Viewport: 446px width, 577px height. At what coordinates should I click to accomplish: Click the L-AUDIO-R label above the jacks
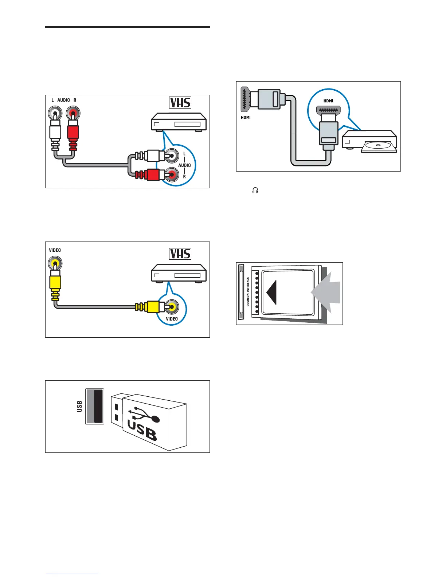click(x=64, y=100)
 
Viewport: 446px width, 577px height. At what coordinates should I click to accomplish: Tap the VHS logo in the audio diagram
click(x=180, y=103)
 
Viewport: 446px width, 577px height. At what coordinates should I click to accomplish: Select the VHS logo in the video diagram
click(x=180, y=254)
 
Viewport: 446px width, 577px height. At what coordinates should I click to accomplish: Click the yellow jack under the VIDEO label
click(x=55, y=263)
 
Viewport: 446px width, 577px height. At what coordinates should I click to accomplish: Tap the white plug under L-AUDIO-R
click(x=55, y=133)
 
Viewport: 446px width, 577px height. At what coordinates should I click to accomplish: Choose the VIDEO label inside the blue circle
click(x=172, y=319)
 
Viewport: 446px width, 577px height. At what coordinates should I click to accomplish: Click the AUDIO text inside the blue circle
click(x=184, y=165)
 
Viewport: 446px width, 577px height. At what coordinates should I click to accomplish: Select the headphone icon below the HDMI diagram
click(x=255, y=191)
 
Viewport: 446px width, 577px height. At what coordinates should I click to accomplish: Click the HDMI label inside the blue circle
click(x=328, y=101)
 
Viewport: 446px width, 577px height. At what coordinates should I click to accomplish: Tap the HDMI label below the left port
click(x=246, y=118)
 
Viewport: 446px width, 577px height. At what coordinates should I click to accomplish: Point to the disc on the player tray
click(x=378, y=146)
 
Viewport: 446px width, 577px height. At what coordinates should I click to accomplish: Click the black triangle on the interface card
click(x=272, y=293)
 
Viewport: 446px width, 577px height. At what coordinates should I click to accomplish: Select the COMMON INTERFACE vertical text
click(x=248, y=291)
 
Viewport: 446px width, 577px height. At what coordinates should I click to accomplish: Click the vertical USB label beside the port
click(x=79, y=406)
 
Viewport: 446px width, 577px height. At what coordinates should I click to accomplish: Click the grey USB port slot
click(x=95, y=406)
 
